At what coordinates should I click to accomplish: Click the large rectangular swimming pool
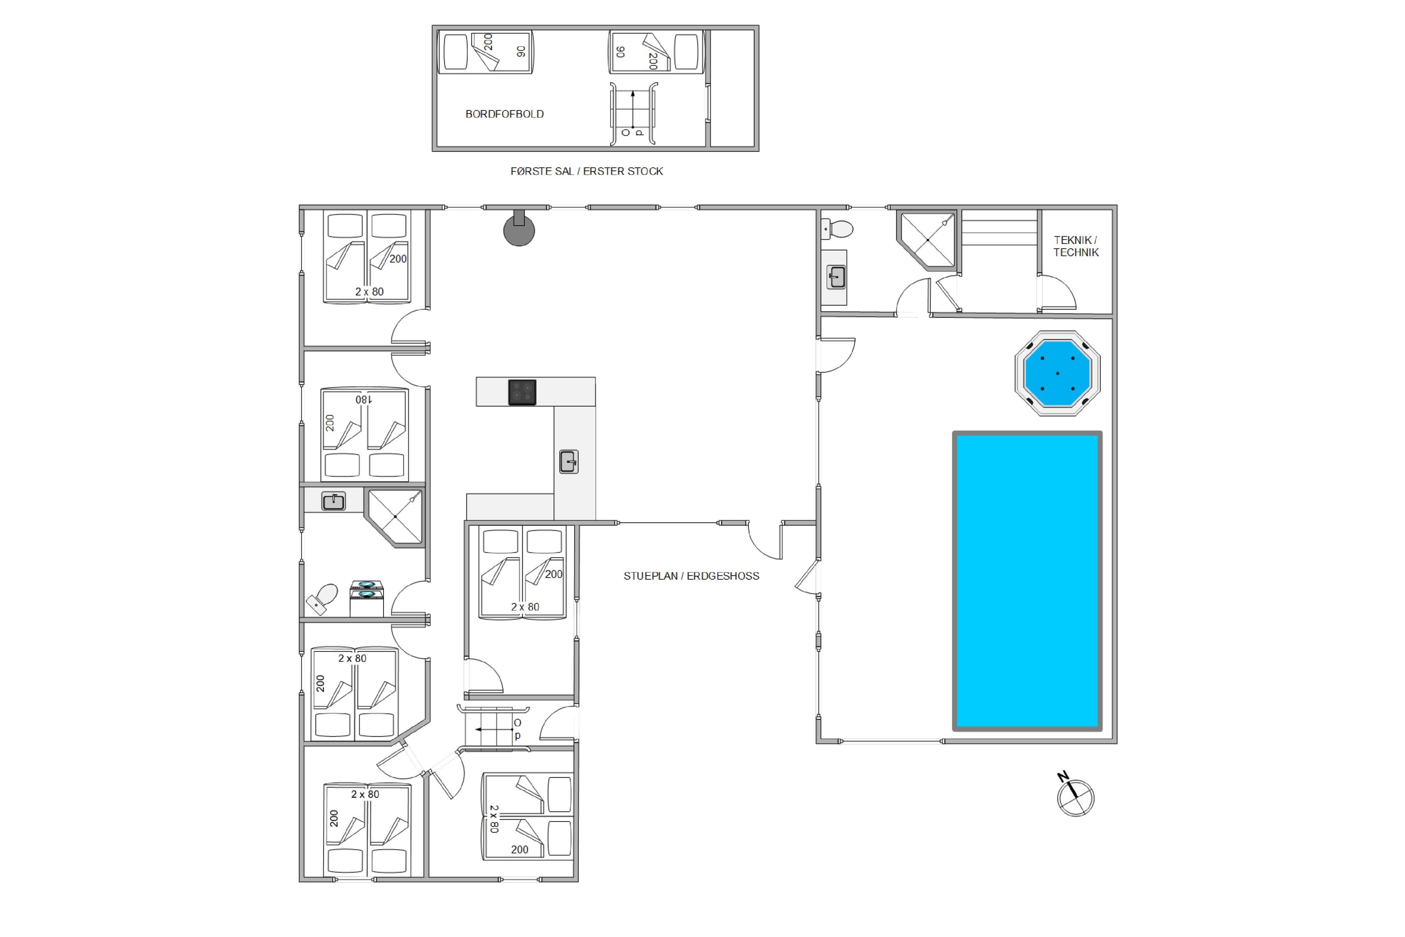click(1027, 581)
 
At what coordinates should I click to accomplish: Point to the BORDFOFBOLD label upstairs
click(504, 114)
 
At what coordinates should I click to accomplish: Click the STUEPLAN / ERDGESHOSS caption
click(691, 576)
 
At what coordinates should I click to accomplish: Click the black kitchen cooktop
click(522, 393)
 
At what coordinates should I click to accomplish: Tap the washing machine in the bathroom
click(366, 598)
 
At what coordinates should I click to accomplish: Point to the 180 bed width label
click(363, 399)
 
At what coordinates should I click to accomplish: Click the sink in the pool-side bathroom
click(837, 277)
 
